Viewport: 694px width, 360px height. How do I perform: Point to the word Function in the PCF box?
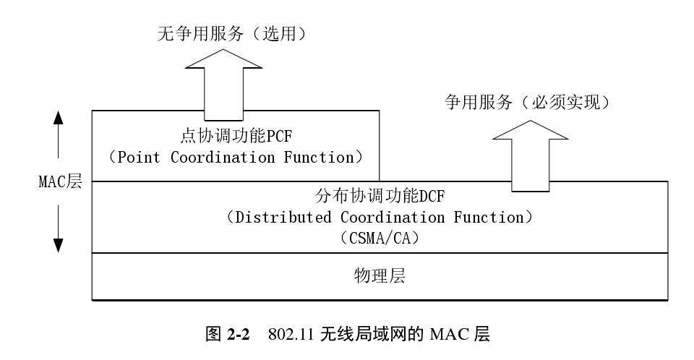[x=316, y=158]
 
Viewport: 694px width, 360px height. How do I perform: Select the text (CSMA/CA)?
[x=379, y=237]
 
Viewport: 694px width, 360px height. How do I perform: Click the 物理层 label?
[x=379, y=276]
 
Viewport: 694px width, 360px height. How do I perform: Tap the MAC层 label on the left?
[x=59, y=181]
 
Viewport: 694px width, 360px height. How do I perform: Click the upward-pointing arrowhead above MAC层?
[x=59, y=119]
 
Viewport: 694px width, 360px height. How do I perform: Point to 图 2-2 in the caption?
[x=227, y=335]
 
